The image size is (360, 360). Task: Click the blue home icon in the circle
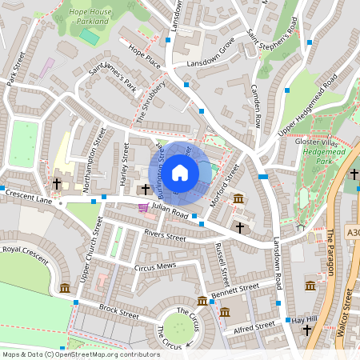[x=180, y=173]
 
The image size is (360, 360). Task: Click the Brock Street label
[x=118, y=308]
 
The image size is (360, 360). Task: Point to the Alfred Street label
[x=254, y=326]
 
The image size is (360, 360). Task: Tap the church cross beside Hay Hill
[x=306, y=330]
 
